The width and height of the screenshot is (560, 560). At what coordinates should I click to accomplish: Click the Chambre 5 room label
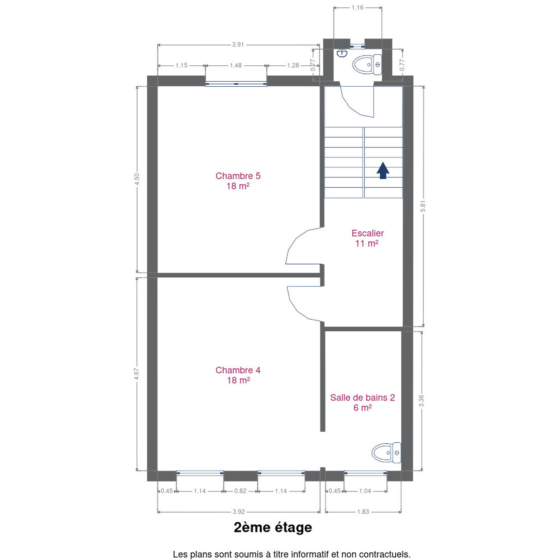click(238, 181)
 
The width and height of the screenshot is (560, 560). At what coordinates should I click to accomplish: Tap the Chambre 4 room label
click(238, 375)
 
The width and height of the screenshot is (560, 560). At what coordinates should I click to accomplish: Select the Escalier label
click(367, 238)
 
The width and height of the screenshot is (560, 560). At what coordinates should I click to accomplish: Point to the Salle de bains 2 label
click(362, 402)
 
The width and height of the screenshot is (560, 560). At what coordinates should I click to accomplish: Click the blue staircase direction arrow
click(383, 170)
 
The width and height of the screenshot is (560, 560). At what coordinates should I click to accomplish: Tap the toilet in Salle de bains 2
click(386, 453)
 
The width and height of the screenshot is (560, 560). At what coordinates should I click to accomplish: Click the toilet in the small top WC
click(367, 65)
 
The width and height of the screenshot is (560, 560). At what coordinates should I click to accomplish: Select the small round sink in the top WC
click(342, 53)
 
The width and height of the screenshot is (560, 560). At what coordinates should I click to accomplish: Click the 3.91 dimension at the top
click(238, 45)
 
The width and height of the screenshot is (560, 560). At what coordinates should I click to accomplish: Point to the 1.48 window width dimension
click(236, 65)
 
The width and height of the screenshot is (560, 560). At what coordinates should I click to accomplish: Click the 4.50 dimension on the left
click(137, 179)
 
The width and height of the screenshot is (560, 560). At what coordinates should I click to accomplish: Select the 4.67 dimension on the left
click(136, 374)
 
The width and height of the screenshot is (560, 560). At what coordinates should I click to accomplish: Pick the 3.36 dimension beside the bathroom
click(422, 401)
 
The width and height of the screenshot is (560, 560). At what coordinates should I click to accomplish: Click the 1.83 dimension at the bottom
click(363, 511)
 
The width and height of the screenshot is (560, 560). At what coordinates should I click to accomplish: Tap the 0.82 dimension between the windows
click(240, 491)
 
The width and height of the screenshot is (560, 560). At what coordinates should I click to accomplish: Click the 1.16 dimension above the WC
click(357, 7)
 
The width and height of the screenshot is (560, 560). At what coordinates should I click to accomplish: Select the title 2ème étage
click(273, 527)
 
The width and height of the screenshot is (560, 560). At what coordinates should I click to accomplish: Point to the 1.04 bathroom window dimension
click(365, 491)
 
